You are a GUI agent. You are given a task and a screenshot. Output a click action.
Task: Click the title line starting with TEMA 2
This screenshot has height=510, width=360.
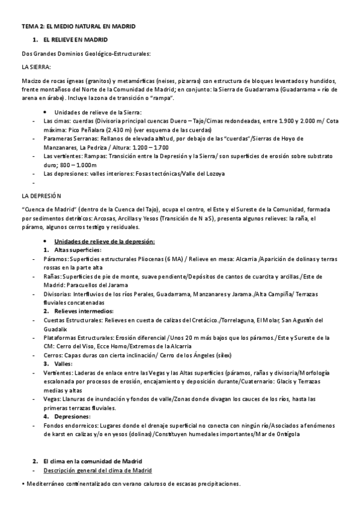[78, 26]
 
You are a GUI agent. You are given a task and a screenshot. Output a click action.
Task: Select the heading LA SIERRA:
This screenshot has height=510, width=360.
[36, 67]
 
